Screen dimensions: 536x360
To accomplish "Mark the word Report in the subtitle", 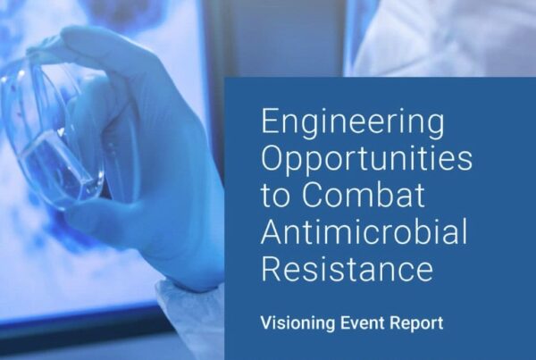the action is pyautogui.click(x=417, y=323).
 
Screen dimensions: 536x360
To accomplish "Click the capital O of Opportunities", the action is pyautogui.click(x=272, y=157).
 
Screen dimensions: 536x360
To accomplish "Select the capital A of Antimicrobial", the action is pyautogui.click(x=272, y=231).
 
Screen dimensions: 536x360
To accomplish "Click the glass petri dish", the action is pyautogui.click(x=51, y=137).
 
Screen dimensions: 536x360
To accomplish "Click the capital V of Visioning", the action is pyautogui.click(x=267, y=322).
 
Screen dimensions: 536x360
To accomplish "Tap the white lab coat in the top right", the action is pyautogui.click(x=441, y=38).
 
